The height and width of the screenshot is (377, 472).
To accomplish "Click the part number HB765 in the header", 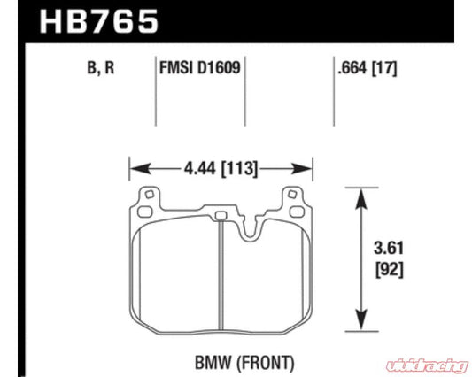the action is (98, 21).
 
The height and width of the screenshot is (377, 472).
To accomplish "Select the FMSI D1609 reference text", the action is (200, 67).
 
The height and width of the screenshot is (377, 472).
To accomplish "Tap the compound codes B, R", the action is (101, 68).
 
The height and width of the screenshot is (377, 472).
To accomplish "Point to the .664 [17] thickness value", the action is (368, 68).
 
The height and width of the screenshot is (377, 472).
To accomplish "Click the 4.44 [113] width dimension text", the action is (221, 169).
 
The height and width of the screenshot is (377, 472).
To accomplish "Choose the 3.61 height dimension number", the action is (389, 249).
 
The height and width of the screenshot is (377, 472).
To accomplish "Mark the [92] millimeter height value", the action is (389, 270).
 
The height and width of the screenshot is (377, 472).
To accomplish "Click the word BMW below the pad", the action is (213, 363).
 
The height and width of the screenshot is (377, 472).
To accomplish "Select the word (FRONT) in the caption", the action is (265, 363).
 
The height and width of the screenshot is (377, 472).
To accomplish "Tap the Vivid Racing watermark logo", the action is (428, 365).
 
